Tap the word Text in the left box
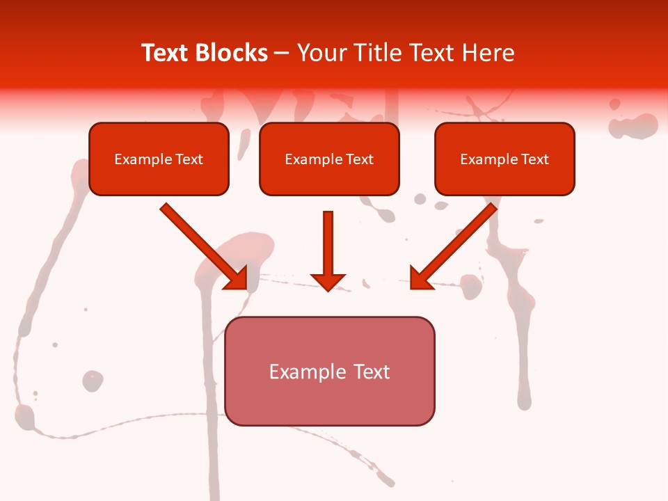tap(189, 159)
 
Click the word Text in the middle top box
tap(359, 159)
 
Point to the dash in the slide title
tap(282, 54)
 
